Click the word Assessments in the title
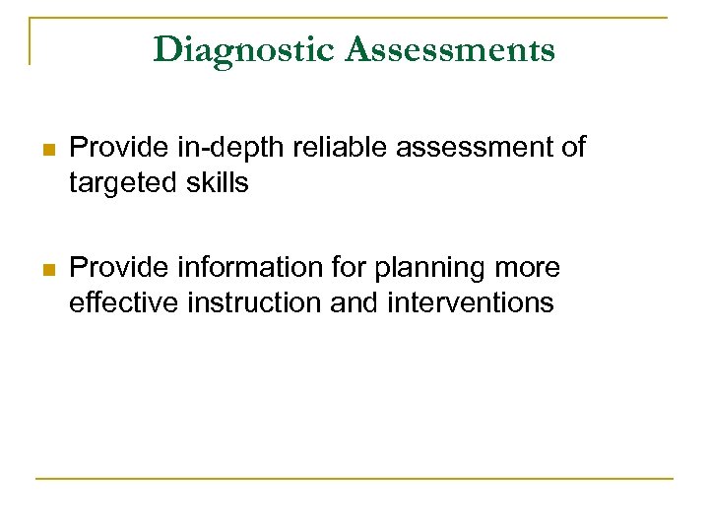[450, 49]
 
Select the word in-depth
[211, 149]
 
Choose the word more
[529, 268]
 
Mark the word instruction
[252, 302]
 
